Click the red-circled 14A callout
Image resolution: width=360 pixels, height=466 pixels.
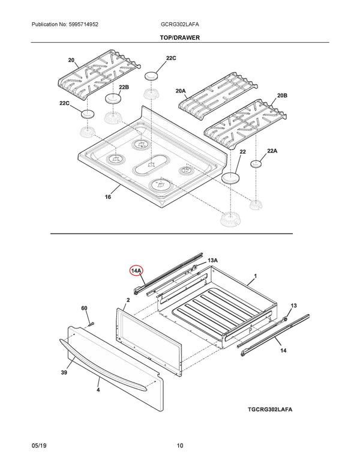pyautogui.click(x=136, y=271)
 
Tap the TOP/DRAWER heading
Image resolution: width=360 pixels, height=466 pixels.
pyautogui.click(x=180, y=37)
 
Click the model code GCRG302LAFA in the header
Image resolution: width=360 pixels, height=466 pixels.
pyautogui.click(x=180, y=24)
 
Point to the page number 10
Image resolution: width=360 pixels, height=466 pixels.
pyautogui.click(x=180, y=446)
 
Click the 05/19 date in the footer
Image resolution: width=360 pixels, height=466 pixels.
pyautogui.click(x=39, y=446)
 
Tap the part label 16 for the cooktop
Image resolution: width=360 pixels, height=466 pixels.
pyautogui.click(x=108, y=197)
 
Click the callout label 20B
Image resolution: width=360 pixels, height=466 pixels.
pyautogui.click(x=282, y=95)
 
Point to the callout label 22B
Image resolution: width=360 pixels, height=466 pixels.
pyautogui.click(x=124, y=88)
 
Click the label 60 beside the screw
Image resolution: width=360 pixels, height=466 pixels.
pyautogui.click(x=85, y=309)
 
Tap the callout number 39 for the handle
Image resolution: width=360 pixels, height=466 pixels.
pyautogui.click(x=64, y=373)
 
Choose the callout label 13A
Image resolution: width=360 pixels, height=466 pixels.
pyautogui.click(x=212, y=260)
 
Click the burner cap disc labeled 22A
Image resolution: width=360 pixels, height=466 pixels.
pyautogui.click(x=257, y=163)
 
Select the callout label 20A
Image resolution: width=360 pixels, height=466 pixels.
pyautogui.click(x=181, y=91)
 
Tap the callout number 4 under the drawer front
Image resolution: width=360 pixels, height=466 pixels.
pyautogui.click(x=98, y=390)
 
